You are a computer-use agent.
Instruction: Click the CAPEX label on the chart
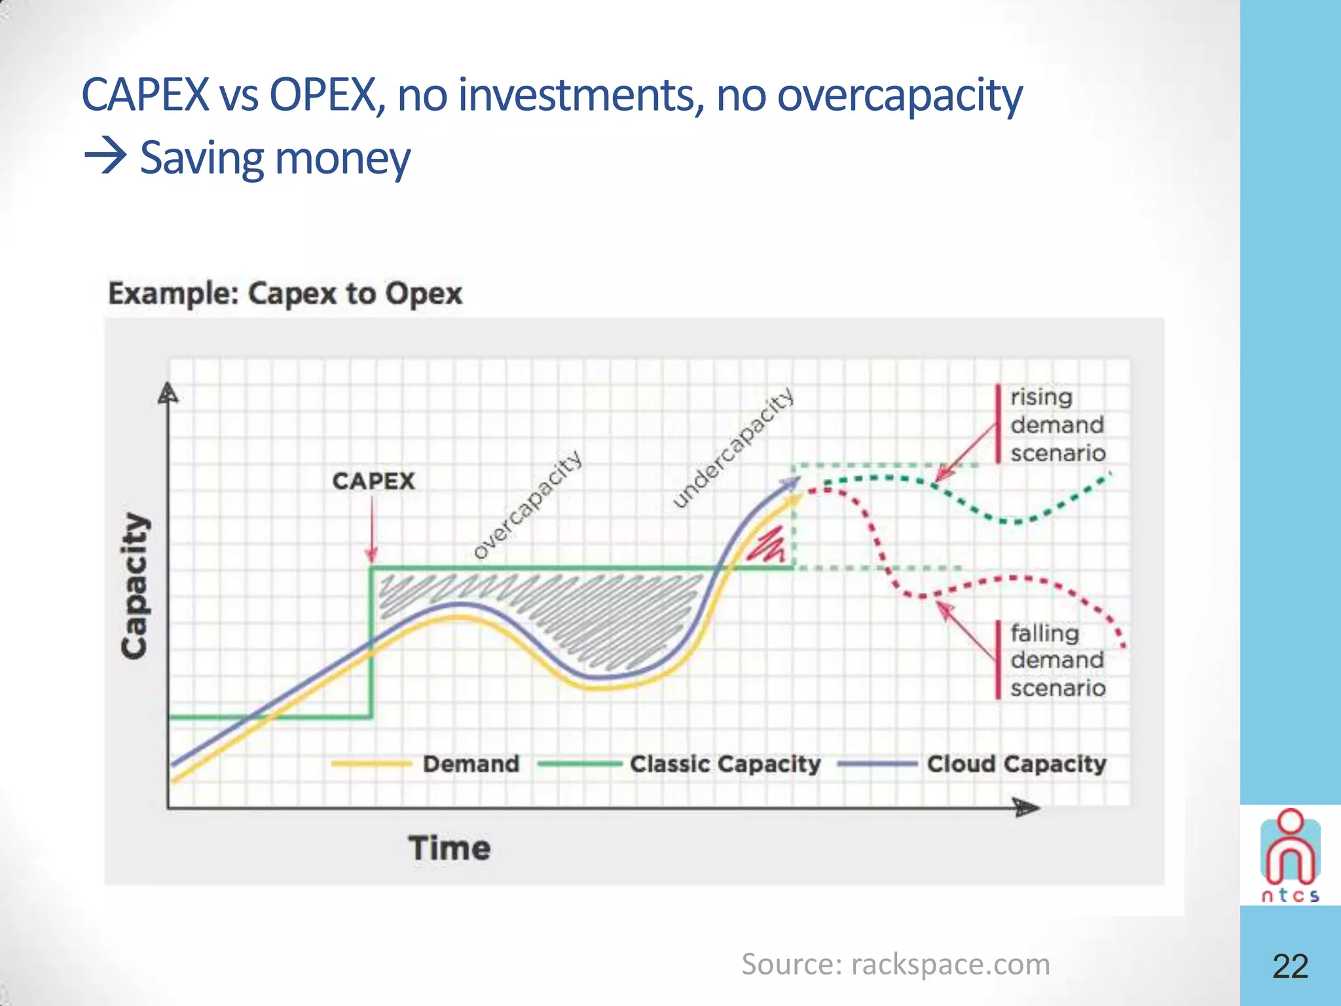click(373, 481)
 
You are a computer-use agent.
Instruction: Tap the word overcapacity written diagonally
click(528, 504)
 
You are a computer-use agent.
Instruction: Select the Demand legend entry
click(470, 764)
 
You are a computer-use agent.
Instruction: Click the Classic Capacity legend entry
click(724, 764)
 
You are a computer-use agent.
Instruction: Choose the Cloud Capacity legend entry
click(1016, 764)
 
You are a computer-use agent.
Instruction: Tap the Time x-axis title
click(449, 848)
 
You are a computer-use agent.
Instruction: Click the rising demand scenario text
click(1057, 425)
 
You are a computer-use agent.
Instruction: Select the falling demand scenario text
click(1057, 660)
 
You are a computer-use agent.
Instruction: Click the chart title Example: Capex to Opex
click(285, 293)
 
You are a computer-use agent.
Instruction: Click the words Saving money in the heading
click(275, 158)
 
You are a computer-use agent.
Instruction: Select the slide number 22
click(1290, 965)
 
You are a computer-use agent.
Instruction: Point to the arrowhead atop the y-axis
click(168, 393)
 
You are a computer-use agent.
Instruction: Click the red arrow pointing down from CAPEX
click(372, 531)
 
